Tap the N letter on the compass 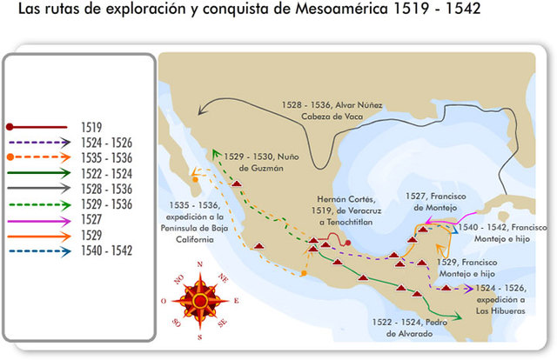[200, 265]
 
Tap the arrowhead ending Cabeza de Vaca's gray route [200, 110]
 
